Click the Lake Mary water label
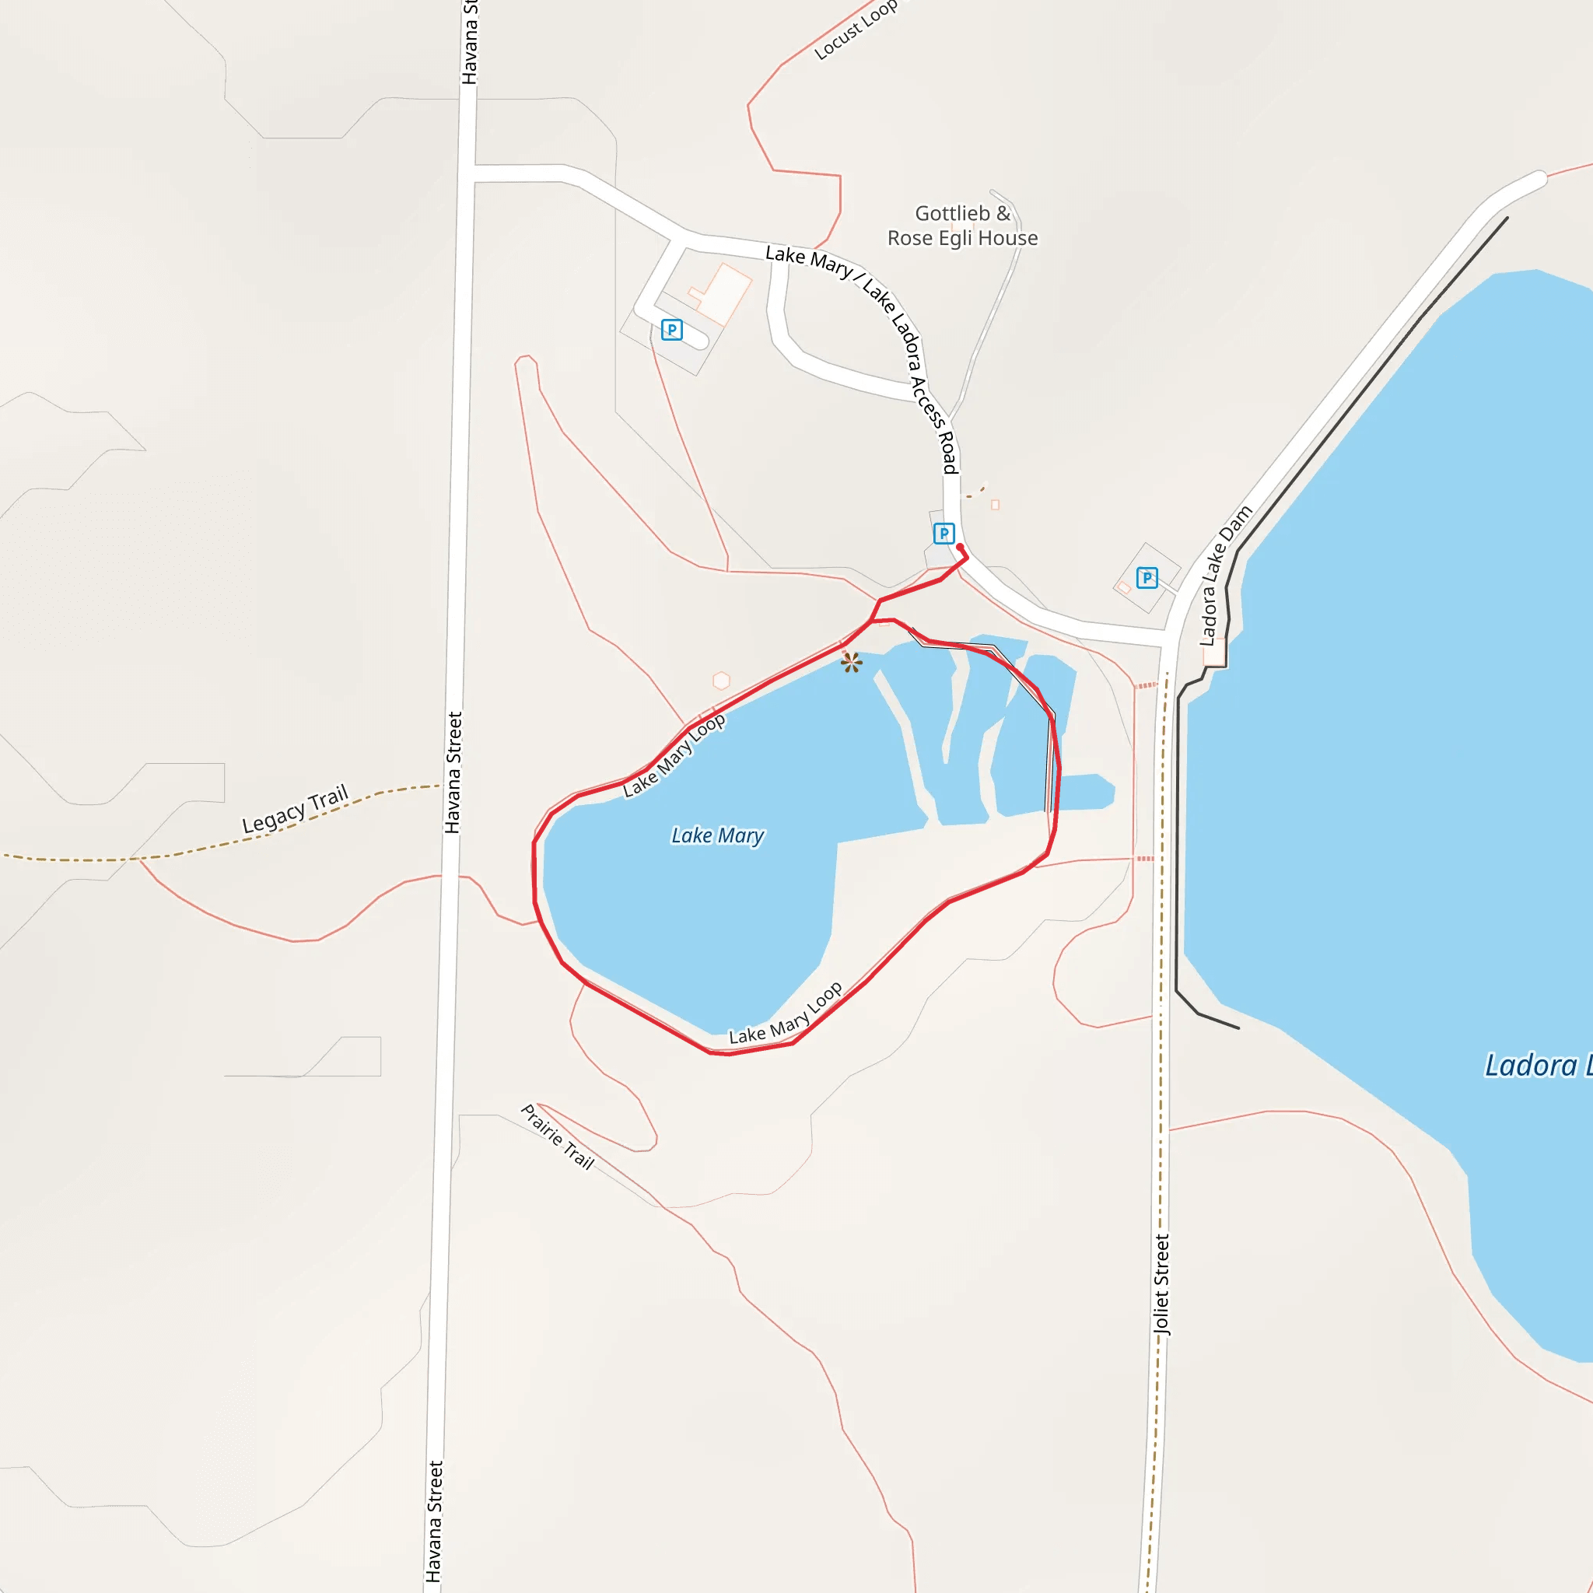717,835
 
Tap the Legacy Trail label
295,809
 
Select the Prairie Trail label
558,1137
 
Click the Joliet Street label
1162,1283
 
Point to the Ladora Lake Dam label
1224,576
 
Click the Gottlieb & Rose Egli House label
962,226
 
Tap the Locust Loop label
855,30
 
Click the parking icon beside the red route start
944,534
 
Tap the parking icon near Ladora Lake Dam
1147,578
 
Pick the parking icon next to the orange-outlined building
672,331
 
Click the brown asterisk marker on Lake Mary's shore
852,661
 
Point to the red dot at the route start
960,547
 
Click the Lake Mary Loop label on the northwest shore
674,756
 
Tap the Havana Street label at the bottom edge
435,1522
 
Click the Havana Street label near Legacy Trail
453,772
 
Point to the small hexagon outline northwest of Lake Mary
722,681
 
